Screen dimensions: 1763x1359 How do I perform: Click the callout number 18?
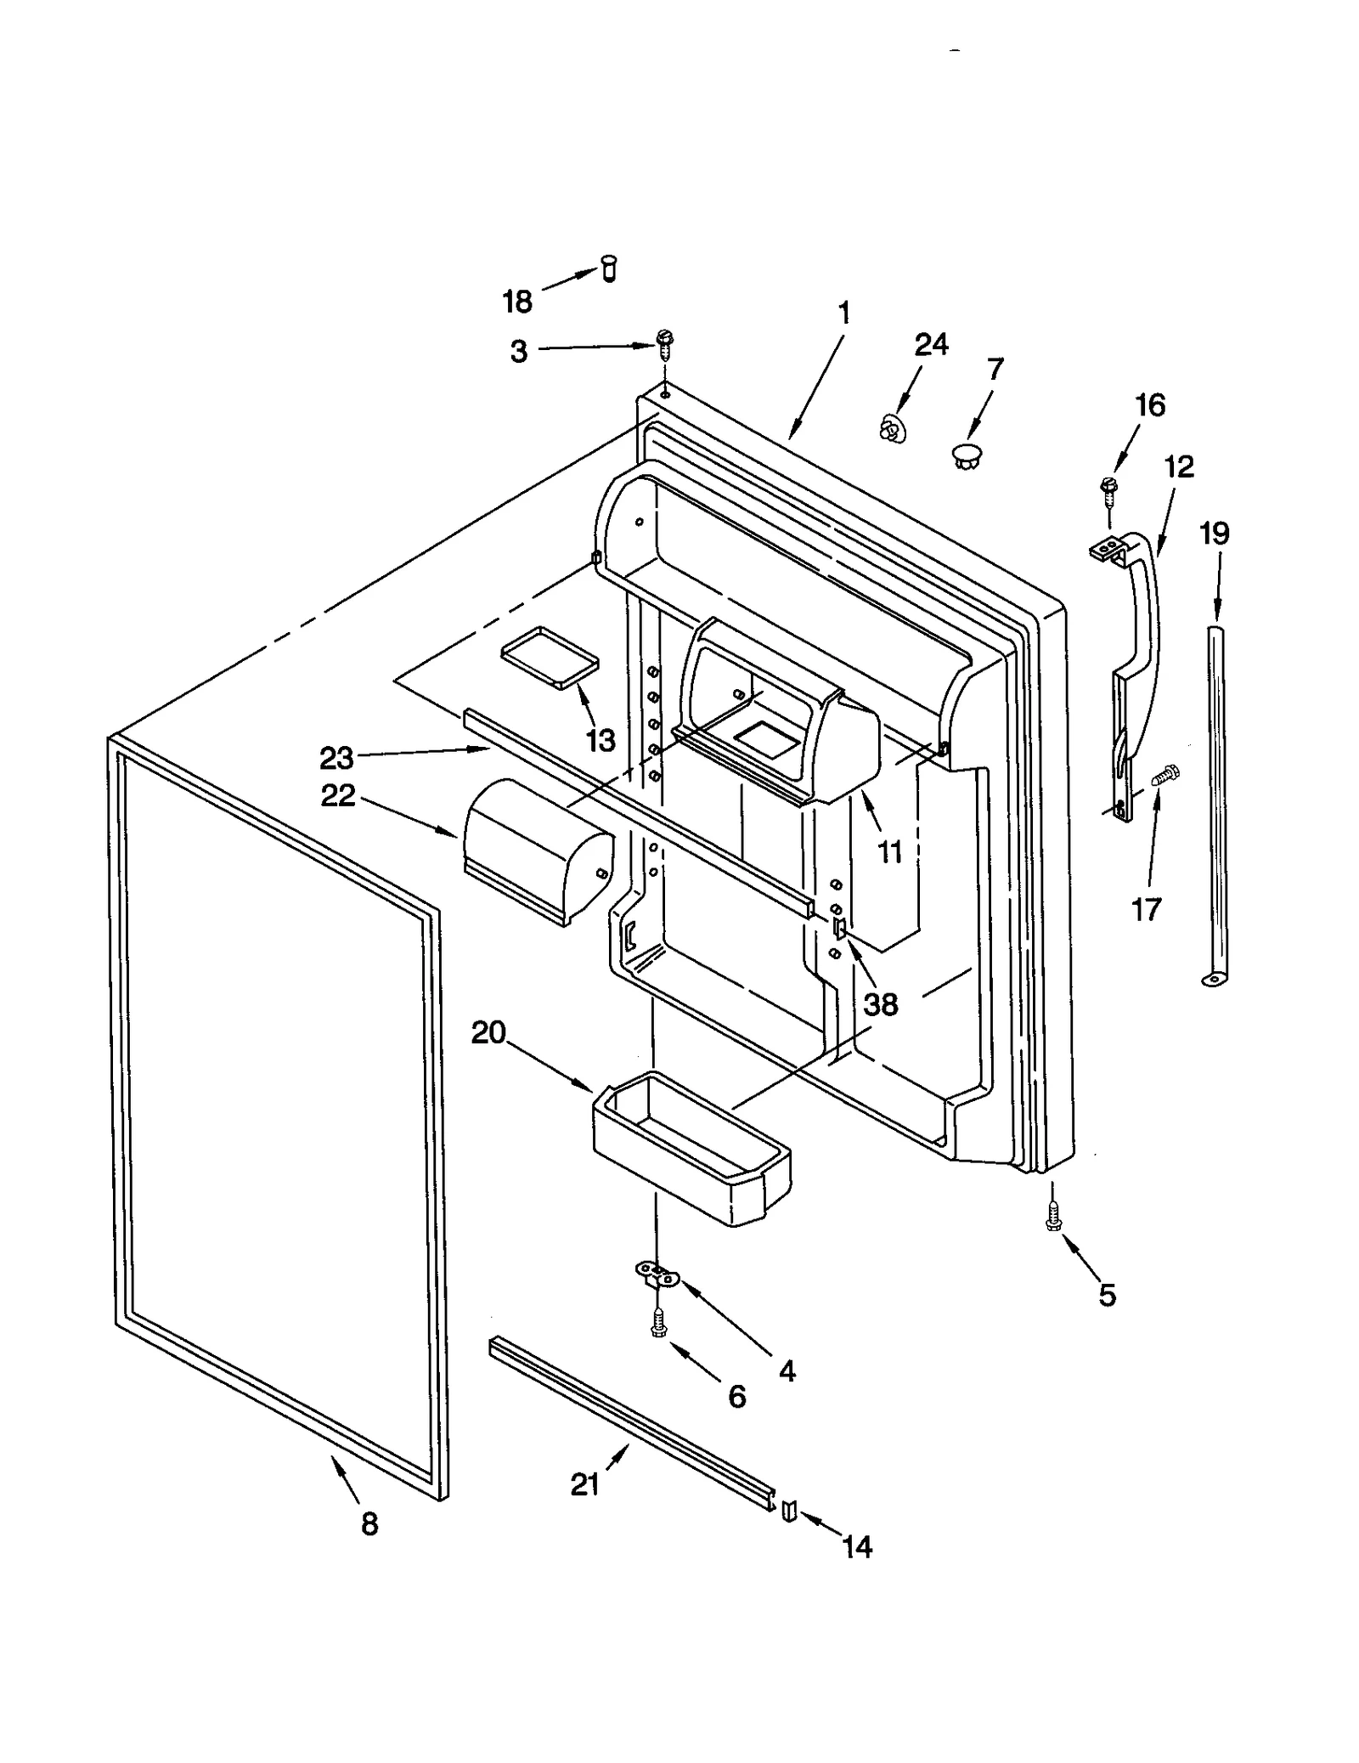point(516,301)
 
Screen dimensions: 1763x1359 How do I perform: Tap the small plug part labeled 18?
point(608,269)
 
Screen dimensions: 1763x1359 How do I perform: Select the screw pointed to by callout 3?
point(664,343)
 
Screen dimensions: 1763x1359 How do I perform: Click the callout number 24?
point(931,344)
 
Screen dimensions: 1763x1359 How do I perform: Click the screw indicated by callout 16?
point(1108,486)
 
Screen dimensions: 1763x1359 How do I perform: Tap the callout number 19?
point(1214,534)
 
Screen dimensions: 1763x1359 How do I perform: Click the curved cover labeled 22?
point(537,851)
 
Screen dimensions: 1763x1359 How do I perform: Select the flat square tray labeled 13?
point(550,656)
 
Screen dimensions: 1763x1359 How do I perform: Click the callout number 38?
point(880,1004)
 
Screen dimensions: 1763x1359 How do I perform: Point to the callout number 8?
point(369,1524)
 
